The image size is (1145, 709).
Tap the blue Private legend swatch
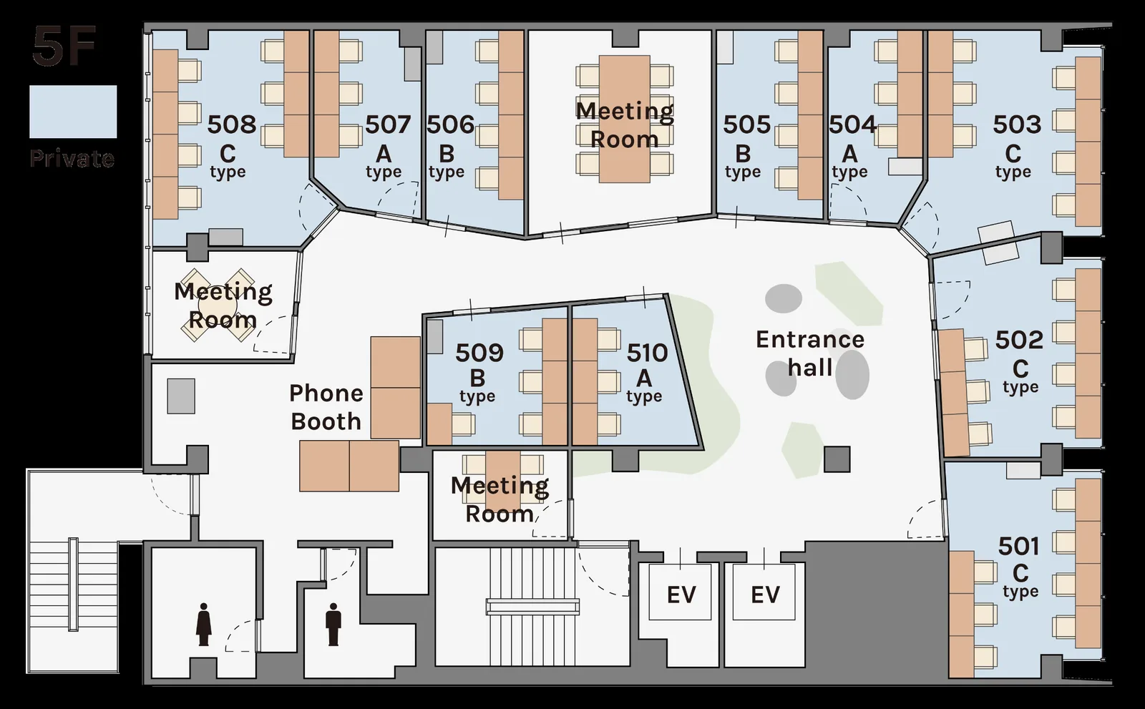[73, 112]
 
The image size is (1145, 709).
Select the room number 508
[232, 124]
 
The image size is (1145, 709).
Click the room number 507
[388, 124]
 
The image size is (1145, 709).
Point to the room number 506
[450, 124]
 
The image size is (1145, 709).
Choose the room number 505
[747, 124]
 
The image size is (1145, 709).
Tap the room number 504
[852, 124]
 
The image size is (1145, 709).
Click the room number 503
[1017, 124]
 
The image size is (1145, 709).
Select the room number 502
[1019, 340]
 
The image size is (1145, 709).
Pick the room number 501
[1019, 547]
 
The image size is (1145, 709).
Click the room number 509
[479, 352]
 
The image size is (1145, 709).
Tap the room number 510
[647, 352]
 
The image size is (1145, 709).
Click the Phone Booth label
[326, 407]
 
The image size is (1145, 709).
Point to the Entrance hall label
[810, 353]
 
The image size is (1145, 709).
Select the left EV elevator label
[681, 595]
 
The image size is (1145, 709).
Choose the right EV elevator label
[765, 595]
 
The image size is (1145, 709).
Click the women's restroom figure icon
[204, 624]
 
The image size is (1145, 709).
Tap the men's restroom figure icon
[333, 624]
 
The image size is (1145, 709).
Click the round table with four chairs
[218, 305]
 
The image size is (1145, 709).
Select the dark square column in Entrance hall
[837, 459]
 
